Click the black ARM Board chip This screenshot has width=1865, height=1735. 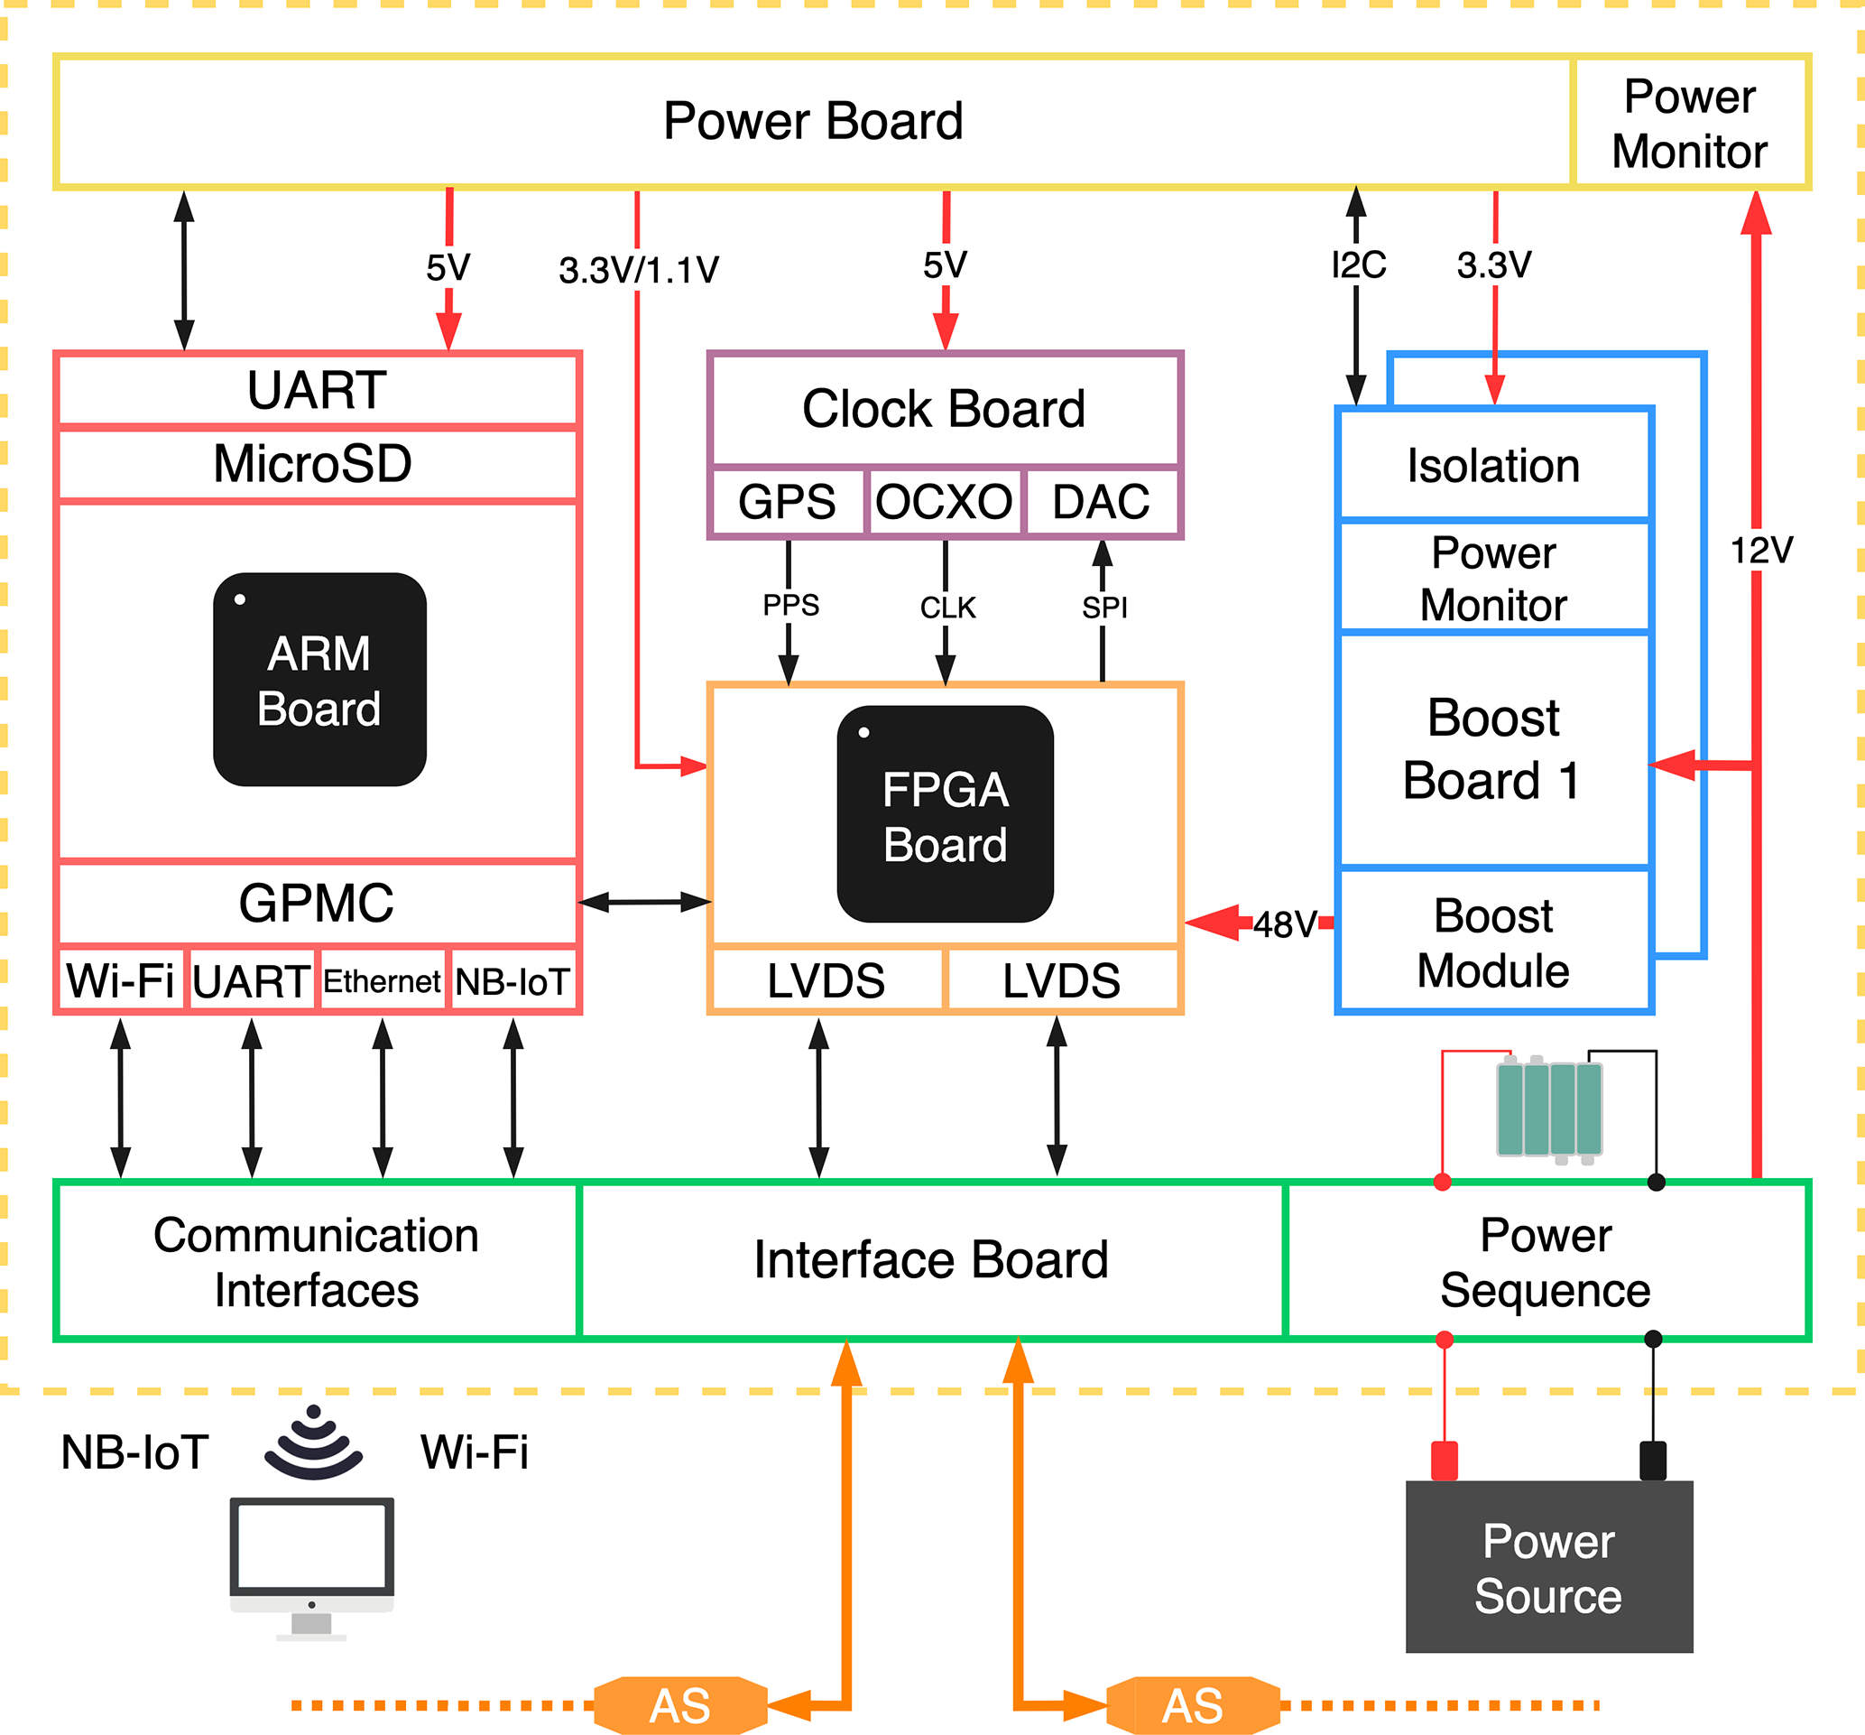tap(319, 680)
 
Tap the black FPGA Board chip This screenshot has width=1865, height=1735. tap(945, 813)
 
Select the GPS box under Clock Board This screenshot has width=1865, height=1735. tap(787, 501)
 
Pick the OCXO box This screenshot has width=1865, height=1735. tap(944, 501)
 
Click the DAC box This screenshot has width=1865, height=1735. tap(1102, 501)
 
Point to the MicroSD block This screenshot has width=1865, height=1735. tap(317, 464)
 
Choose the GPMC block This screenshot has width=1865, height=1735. tap(317, 903)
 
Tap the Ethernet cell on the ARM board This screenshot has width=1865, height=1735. tap(382, 981)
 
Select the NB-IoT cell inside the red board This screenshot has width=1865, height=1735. tap(513, 981)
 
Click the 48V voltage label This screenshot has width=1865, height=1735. tap(1284, 924)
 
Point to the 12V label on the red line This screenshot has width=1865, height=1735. tap(1761, 551)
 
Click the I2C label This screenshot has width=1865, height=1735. tap(1358, 265)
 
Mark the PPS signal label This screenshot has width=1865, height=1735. tap(789, 605)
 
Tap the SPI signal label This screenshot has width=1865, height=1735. tap(1104, 608)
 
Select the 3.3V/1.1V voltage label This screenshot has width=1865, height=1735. tap(638, 270)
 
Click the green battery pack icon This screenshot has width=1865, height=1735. tap(1549, 1109)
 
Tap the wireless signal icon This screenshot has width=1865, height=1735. tap(313, 1443)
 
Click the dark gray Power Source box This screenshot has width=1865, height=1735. tap(1549, 1568)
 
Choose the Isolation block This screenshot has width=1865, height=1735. tap(1493, 466)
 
